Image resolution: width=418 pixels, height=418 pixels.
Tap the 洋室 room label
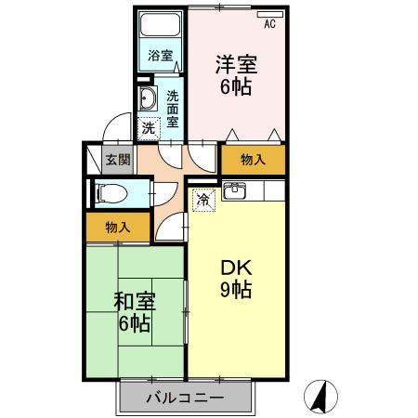pyautogui.click(x=236, y=66)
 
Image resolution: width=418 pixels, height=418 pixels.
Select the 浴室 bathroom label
pyautogui.click(x=161, y=56)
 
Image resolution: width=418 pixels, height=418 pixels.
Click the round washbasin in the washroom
pyautogui.click(x=147, y=101)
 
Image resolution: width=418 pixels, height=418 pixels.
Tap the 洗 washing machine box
pyautogui.click(x=148, y=127)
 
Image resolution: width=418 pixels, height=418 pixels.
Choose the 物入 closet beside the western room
pyautogui.click(x=253, y=160)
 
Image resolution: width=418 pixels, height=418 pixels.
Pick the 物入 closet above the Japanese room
pyautogui.click(x=117, y=227)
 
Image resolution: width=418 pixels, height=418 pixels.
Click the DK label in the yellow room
pyautogui.click(x=236, y=268)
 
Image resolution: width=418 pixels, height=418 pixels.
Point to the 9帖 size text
pyautogui.click(x=236, y=290)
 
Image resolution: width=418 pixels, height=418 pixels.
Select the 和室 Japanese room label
pyautogui.click(x=135, y=302)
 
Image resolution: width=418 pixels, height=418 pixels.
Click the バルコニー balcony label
pyautogui.click(x=185, y=398)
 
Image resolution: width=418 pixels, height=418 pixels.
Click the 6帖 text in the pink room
pyautogui.click(x=236, y=88)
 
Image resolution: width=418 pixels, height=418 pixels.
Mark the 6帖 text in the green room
pyautogui.click(x=135, y=324)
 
